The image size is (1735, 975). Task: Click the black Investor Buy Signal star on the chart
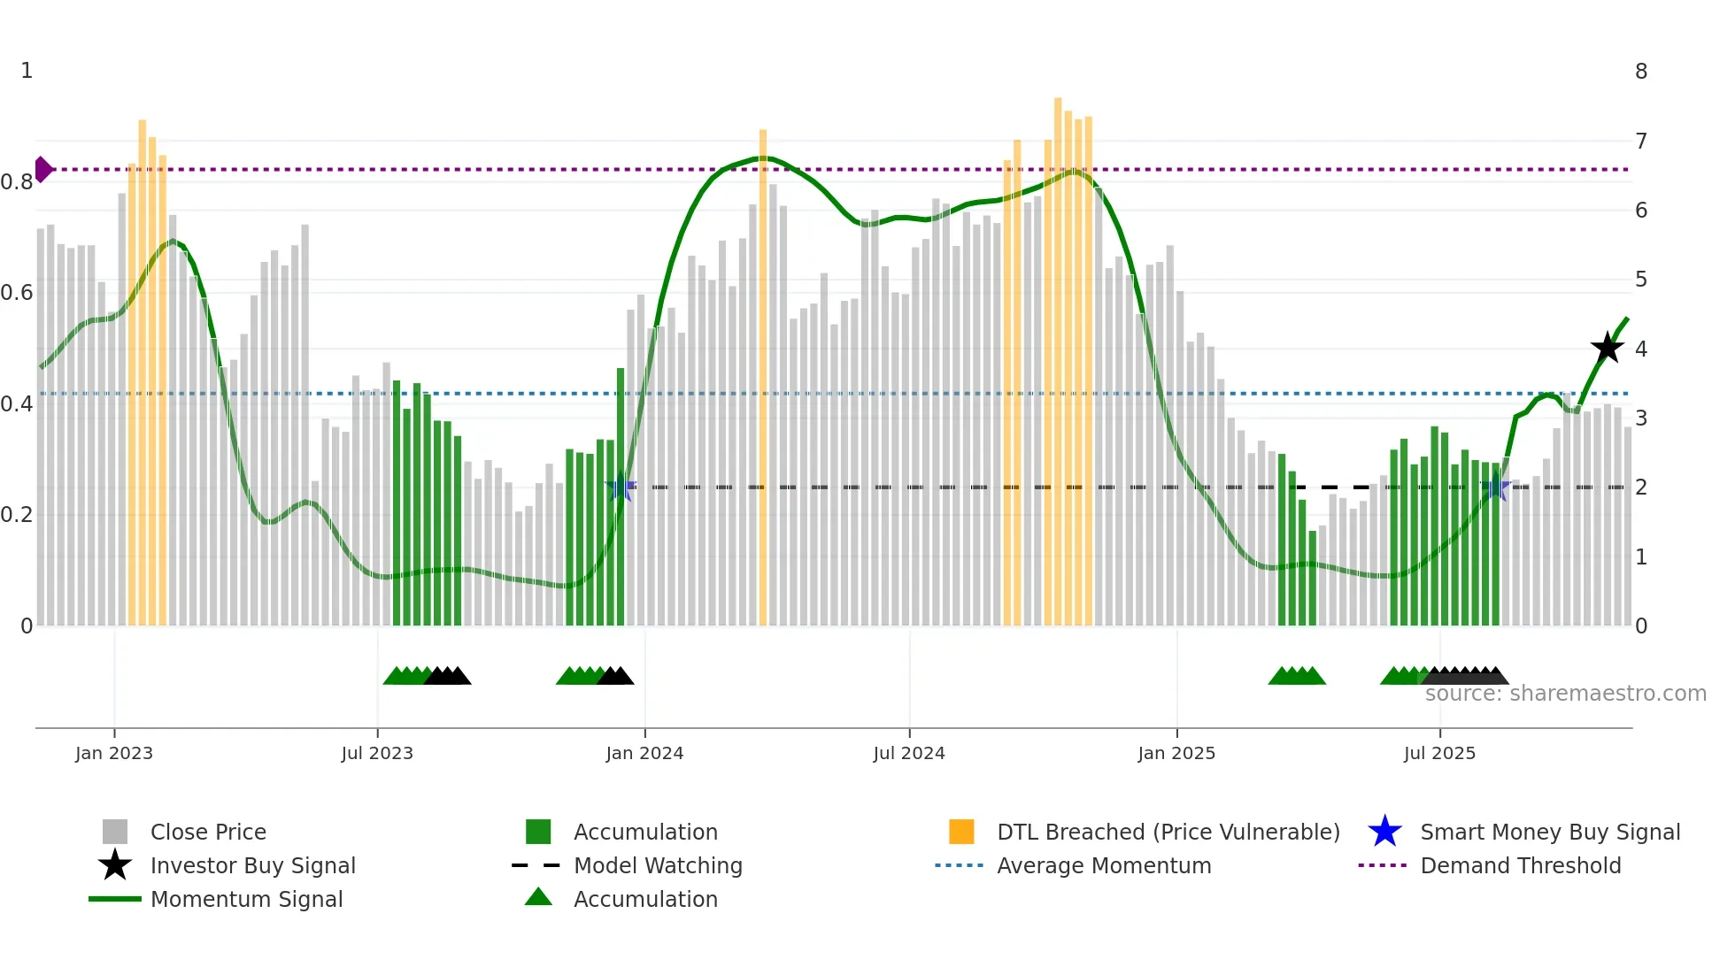pyautogui.click(x=1607, y=348)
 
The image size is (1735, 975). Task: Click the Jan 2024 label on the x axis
pyautogui.click(x=644, y=753)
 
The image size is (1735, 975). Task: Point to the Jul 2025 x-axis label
pyautogui.click(x=1439, y=753)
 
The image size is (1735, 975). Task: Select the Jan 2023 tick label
pyautogui.click(x=114, y=753)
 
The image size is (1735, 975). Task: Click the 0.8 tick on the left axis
pyautogui.click(x=17, y=182)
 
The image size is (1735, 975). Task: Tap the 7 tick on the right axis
pyautogui.click(x=1641, y=141)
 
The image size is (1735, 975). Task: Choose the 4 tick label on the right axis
pyautogui.click(x=1641, y=349)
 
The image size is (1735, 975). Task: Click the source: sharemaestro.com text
pyautogui.click(x=1565, y=694)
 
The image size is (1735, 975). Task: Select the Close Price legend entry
pyautogui.click(x=208, y=832)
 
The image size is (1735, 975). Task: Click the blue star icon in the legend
pyautogui.click(x=1384, y=832)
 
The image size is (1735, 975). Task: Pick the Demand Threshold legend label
pyautogui.click(x=1520, y=865)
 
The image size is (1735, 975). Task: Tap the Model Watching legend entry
pyautogui.click(x=658, y=865)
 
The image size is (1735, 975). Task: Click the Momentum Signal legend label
pyautogui.click(x=246, y=899)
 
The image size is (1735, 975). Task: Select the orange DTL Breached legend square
pyautogui.click(x=961, y=832)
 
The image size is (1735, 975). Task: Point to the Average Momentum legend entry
pyautogui.click(x=1104, y=865)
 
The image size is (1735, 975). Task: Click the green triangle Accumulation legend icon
pyautogui.click(x=538, y=897)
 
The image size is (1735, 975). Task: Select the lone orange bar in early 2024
pyautogui.click(x=763, y=380)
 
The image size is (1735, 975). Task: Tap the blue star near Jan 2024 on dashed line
pyautogui.click(x=621, y=487)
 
